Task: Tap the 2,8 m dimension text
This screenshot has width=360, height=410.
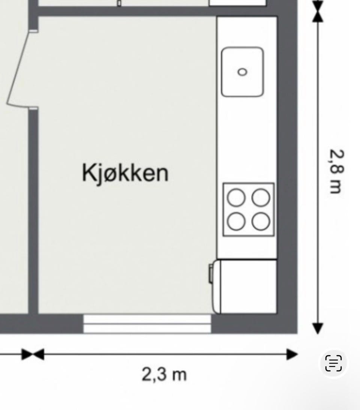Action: click(336, 171)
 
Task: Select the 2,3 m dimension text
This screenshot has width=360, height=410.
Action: click(164, 374)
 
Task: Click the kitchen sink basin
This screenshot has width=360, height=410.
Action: click(242, 71)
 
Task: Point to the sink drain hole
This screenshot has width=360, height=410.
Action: click(243, 72)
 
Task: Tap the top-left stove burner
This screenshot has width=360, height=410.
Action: click(237, 197)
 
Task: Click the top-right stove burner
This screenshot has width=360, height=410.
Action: click(261, 197)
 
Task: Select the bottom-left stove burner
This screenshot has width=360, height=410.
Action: click(237, 221)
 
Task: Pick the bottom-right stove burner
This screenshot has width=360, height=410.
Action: click(261, 221)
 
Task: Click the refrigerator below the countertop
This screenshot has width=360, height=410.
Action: click(246, 286)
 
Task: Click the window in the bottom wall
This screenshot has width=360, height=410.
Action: click(147, 324)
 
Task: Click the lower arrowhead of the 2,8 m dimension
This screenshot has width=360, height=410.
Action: click(318, 328)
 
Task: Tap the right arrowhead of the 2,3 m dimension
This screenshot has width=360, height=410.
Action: click(292, 354)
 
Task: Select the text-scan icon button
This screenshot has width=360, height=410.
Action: click(333, 363)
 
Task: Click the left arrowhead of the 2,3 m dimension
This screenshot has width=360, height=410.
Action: click(39, 354)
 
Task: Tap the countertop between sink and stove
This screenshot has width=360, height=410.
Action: click(246, 139)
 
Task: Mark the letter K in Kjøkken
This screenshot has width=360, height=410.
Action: click(88, 173)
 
